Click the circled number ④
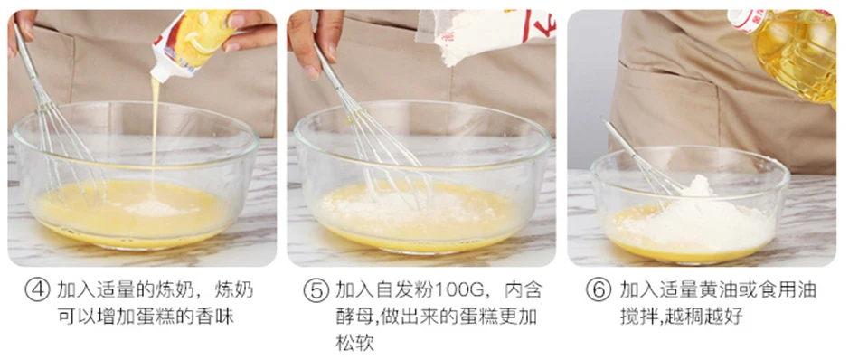click(x=37, y=290)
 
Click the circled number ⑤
click(x=316, y=290)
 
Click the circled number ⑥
click(x=599, y=290)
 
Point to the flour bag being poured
click(x=487, y=34)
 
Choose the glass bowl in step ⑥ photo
click(x=689, y=206)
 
